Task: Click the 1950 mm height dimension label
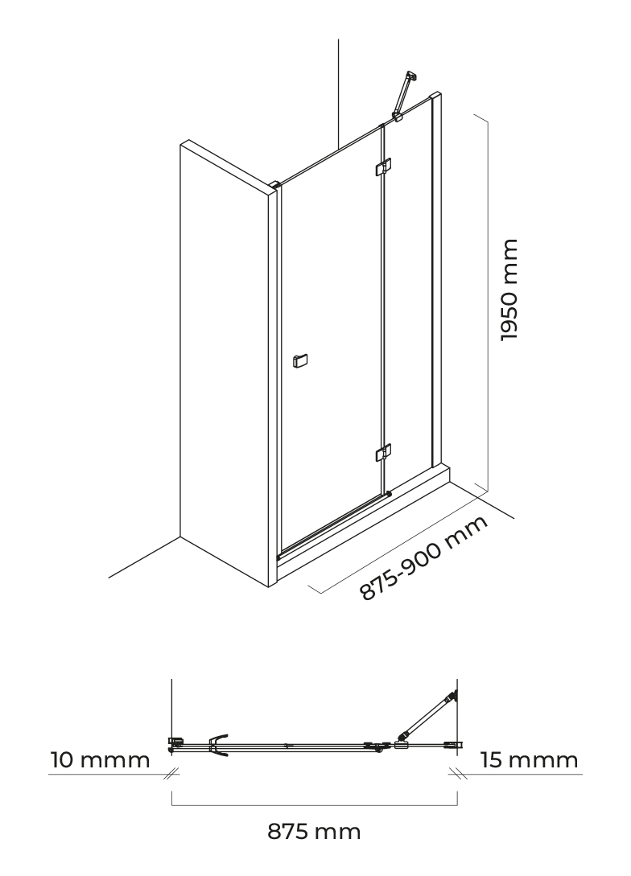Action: pyautogui.click(x=509, y=290)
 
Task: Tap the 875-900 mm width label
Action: pyautogui.click(x=423, y=557)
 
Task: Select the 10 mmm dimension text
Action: pyautogui.click(x=101, y=760)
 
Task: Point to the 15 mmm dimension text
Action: pyautogui.click(x=530, y=760)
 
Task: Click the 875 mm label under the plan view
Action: pyautogui.click(x=314, y=832)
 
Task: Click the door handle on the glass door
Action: pyautogui.click(x=300, y=361)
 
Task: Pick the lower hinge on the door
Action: pyautogui.click(x=383, y=453)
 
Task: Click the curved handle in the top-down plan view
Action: pyautogui.click(x=219, y=745)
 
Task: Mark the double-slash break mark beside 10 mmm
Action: pyautogui.click(x=173, y=774)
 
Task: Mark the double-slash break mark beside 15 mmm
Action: pyautogui.click(x=456, y=774)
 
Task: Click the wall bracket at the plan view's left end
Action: pyautogui.click(x=176, y=743)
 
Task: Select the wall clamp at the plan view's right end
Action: pyautogui.click(x=452, y=744)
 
